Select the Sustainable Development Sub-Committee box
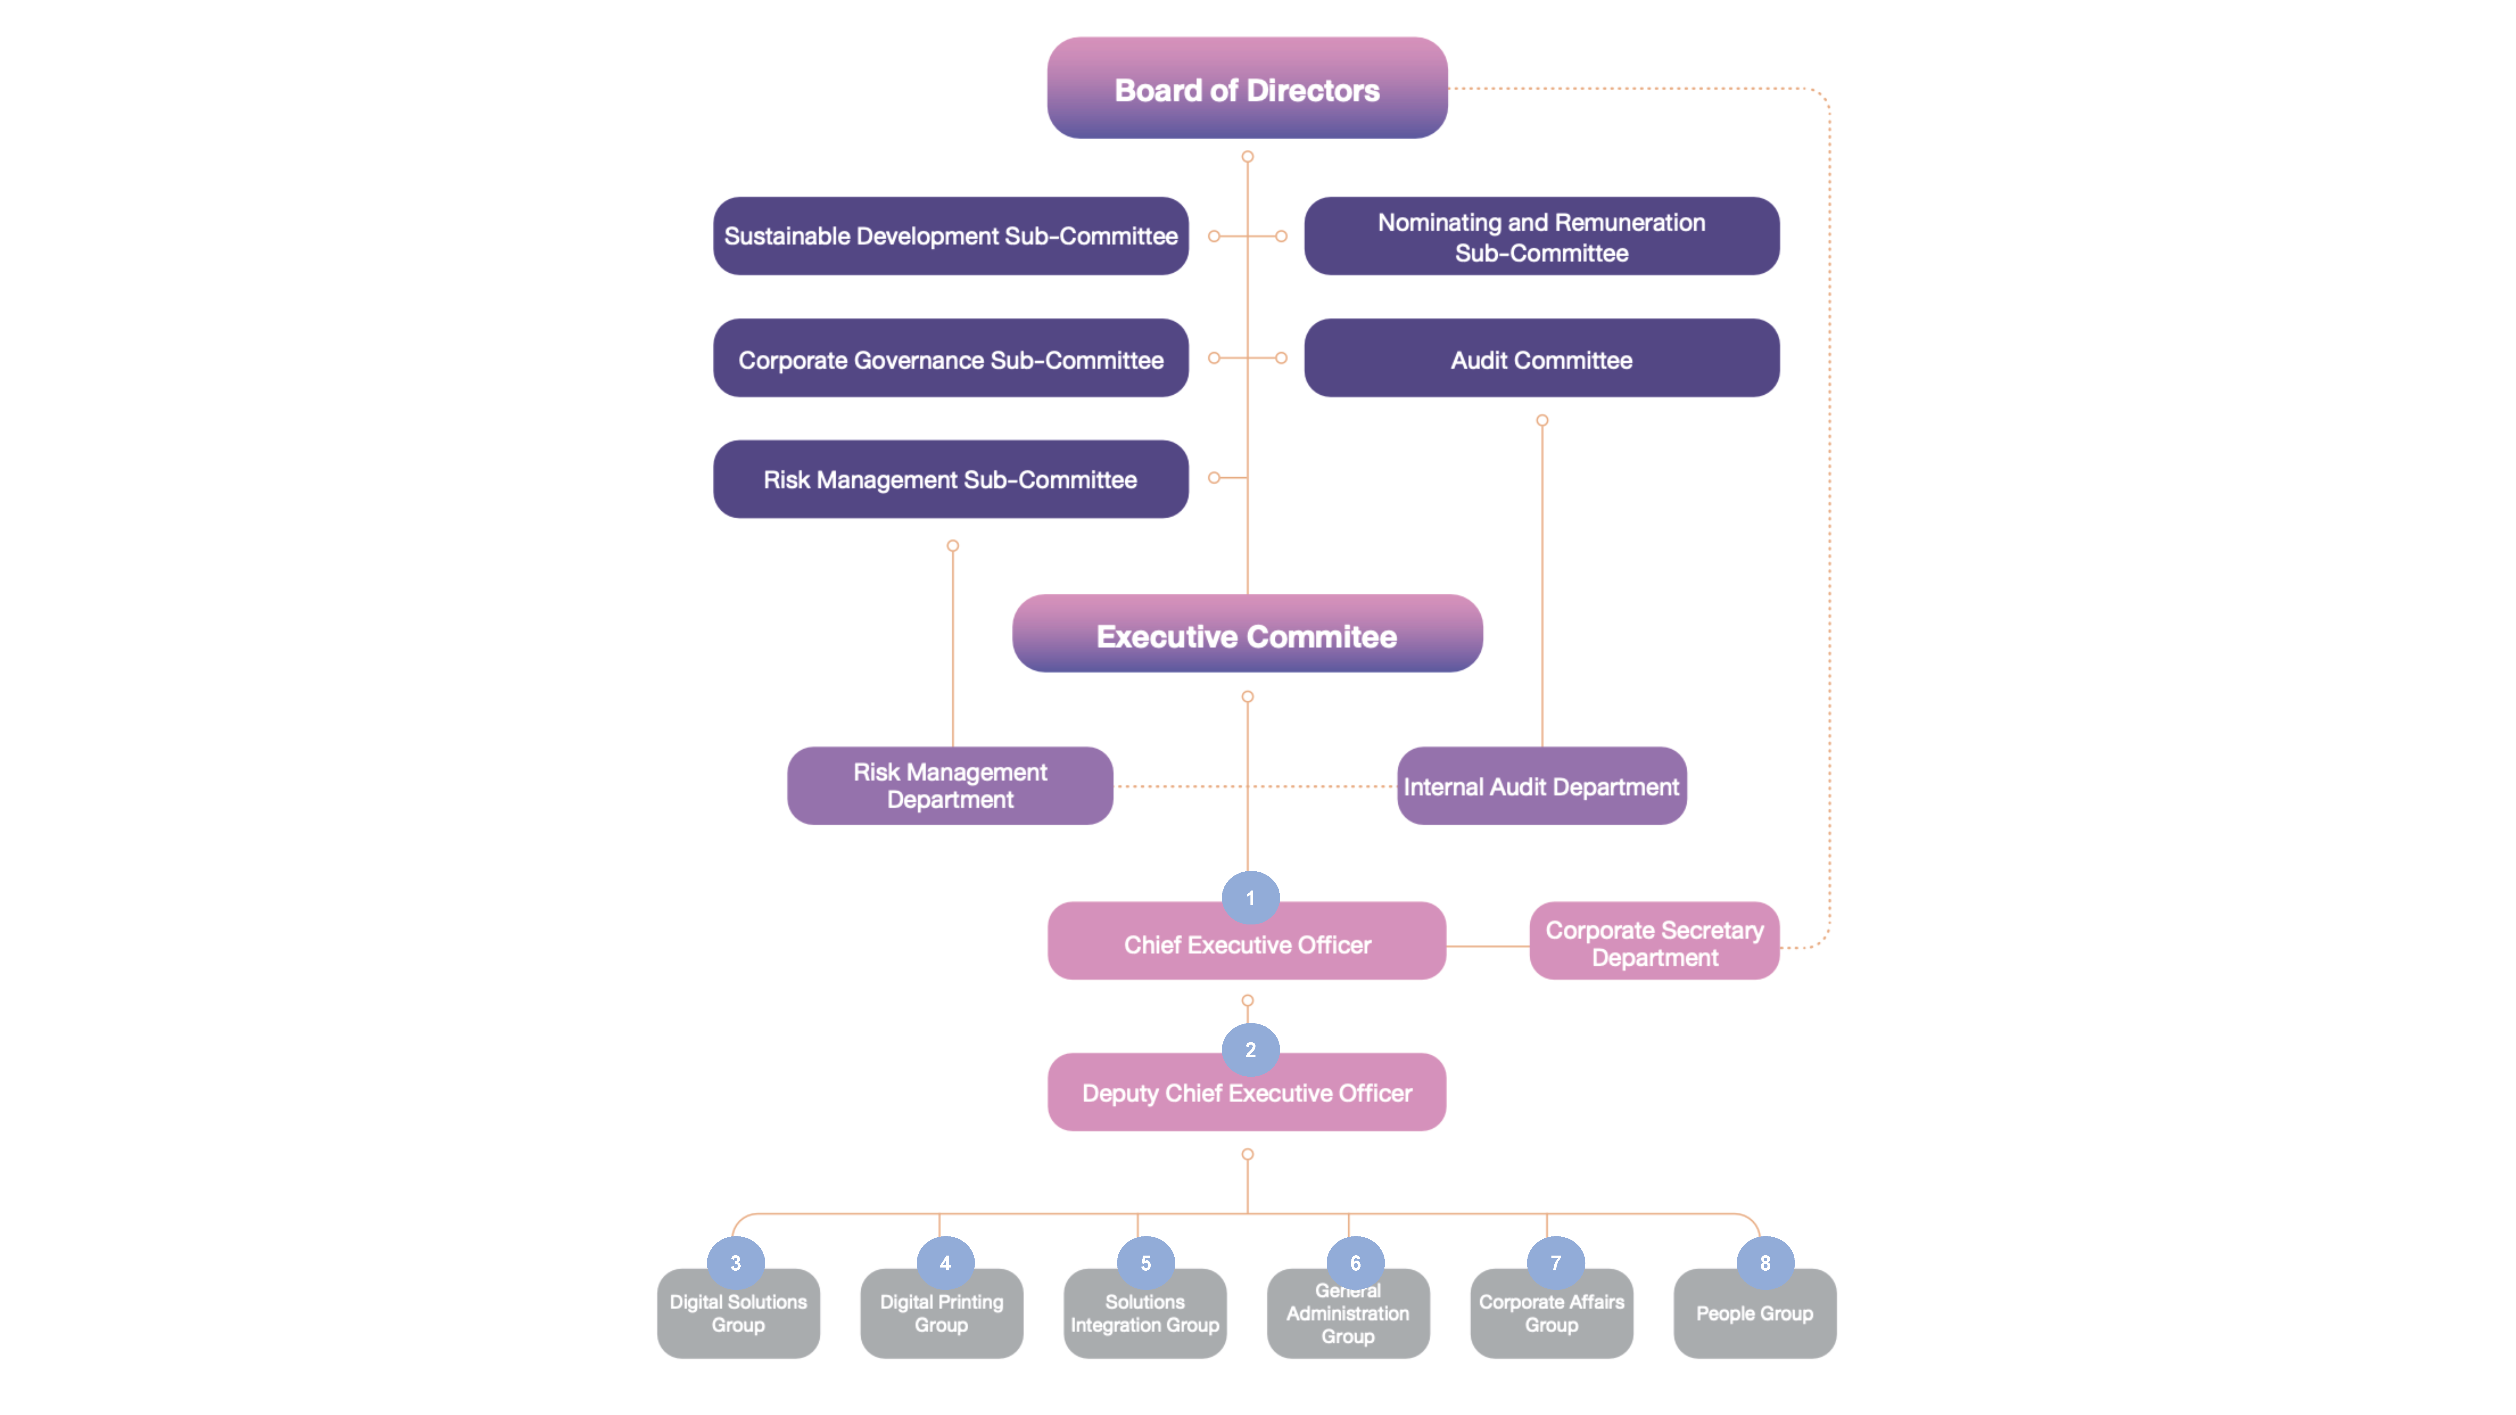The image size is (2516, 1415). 950,236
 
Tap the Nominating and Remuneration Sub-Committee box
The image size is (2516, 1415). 1541,236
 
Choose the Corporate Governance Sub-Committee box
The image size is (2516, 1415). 950,358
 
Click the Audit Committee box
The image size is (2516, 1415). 1541,358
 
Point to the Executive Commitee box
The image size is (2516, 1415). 1246,635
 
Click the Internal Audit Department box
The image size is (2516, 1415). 1541,786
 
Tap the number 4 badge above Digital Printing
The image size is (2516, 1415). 944,1263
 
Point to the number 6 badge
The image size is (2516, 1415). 1355,1263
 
